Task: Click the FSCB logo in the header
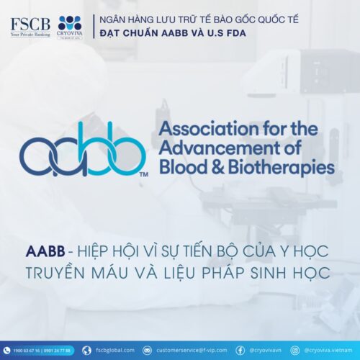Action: [x=30, y=26]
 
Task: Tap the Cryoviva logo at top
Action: [x=70, y=26]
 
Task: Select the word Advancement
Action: [x=214, y=149]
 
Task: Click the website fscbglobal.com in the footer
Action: [x=114, y=351]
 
